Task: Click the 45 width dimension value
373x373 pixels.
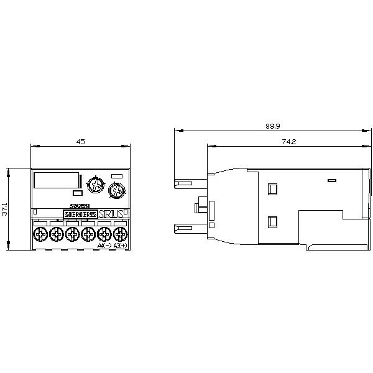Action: pos(80,142)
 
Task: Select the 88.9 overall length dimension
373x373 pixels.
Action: pos(272,126)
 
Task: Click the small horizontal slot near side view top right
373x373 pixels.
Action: pos(331,181)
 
